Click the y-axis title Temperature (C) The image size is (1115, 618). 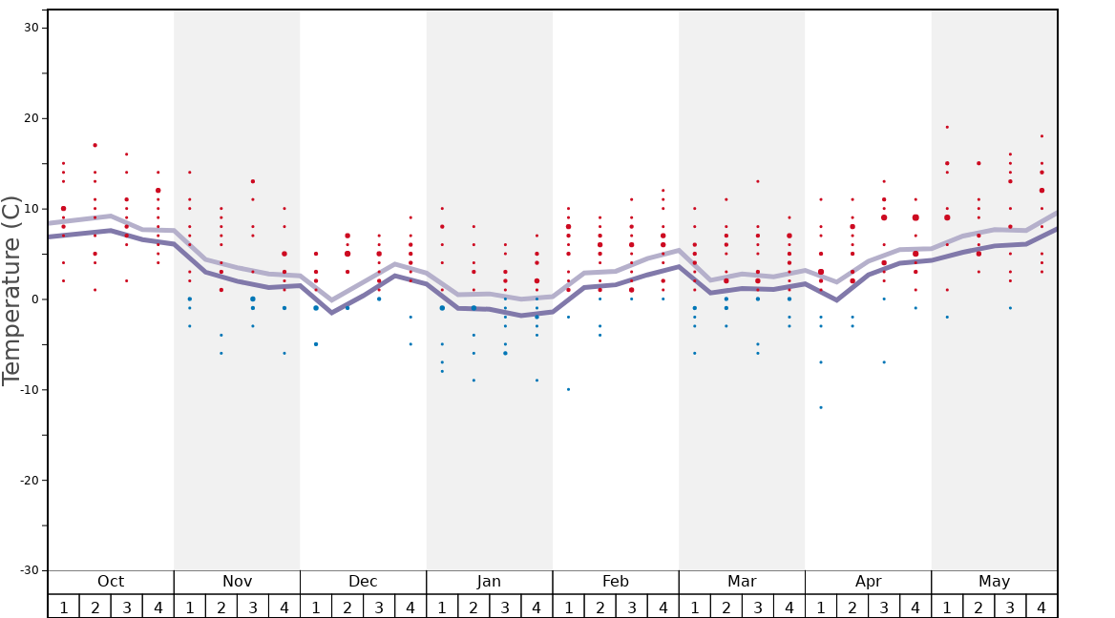point(11,290)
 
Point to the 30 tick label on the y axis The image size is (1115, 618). point(32,28)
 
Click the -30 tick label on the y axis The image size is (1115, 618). point(29,570)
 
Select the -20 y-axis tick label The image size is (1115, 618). point(29,480)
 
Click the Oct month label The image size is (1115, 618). point(111,582)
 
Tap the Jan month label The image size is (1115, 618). point(489,582)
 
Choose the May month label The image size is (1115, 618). point(994,582)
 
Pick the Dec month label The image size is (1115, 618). point(363,582)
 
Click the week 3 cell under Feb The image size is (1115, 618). point(631,608)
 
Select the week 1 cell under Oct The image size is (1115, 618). point(63,608)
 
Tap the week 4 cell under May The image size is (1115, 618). point(1041,608)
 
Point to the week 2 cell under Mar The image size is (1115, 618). point(726,608)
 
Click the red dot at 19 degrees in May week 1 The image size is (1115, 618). point(947,127)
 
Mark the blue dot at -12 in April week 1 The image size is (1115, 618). point(820,407)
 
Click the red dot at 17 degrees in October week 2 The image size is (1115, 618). point(95,145)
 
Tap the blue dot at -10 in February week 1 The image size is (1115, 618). point(568,389)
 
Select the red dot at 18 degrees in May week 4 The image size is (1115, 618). point(1041,135)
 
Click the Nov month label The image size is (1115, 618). point(237,582)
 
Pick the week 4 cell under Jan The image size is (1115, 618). point(536,608)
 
